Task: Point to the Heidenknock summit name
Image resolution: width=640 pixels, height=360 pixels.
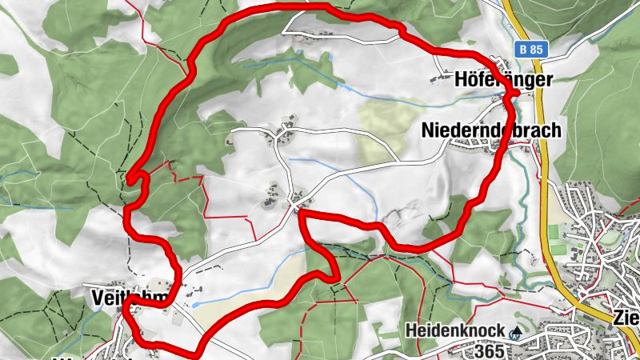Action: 454,330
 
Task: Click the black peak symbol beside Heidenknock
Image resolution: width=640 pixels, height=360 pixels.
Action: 517,330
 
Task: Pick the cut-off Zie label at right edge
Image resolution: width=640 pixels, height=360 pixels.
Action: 625,317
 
